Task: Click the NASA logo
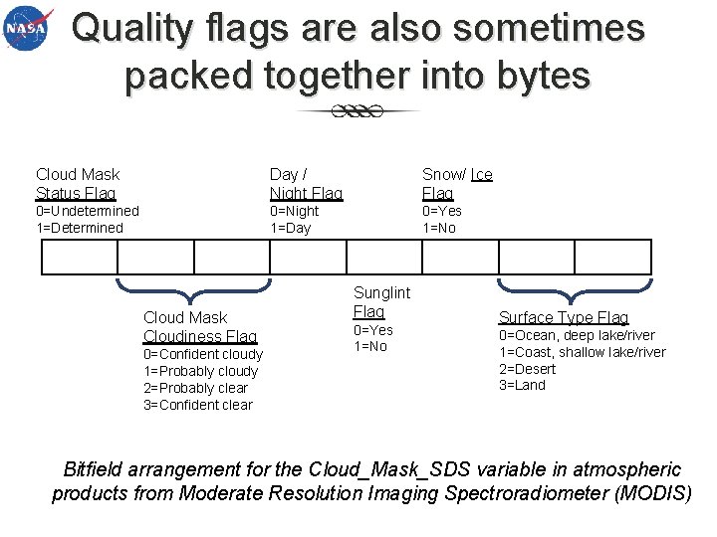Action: pyautogui.click(x=28, y=31)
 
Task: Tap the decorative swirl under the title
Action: pyautogui.click(x=358, y=111)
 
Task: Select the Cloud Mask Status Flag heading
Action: pyautogui.click(x=77, y=184)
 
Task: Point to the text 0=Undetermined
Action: pyautogui.click(x=88, y=211)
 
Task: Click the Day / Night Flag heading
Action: pyautogui.click(x=305, y=184)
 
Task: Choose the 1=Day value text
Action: pyautogui.click(x=291, y=228)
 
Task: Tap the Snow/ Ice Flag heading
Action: pyautogui.click(x=456, y=184)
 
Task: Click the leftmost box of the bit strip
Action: pyautogui.click(x=79, y=258)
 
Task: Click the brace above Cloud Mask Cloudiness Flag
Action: pyautogui.click(x=193, y=289)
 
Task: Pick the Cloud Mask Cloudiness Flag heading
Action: pyautogui.click(x=199, y=327)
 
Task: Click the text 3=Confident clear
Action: pyautogui.click(x=198, y=405)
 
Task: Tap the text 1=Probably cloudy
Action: pyautogui.click(x=200, y=371)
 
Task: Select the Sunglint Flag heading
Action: pyautogui.click(x=380, y=301)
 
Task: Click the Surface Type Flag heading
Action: pyautogui.click(x=564, y=317)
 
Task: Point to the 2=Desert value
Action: pyautogui.click(x=528, y=369)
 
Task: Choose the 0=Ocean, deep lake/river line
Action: pyautogui.click(x=577, y=335)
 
